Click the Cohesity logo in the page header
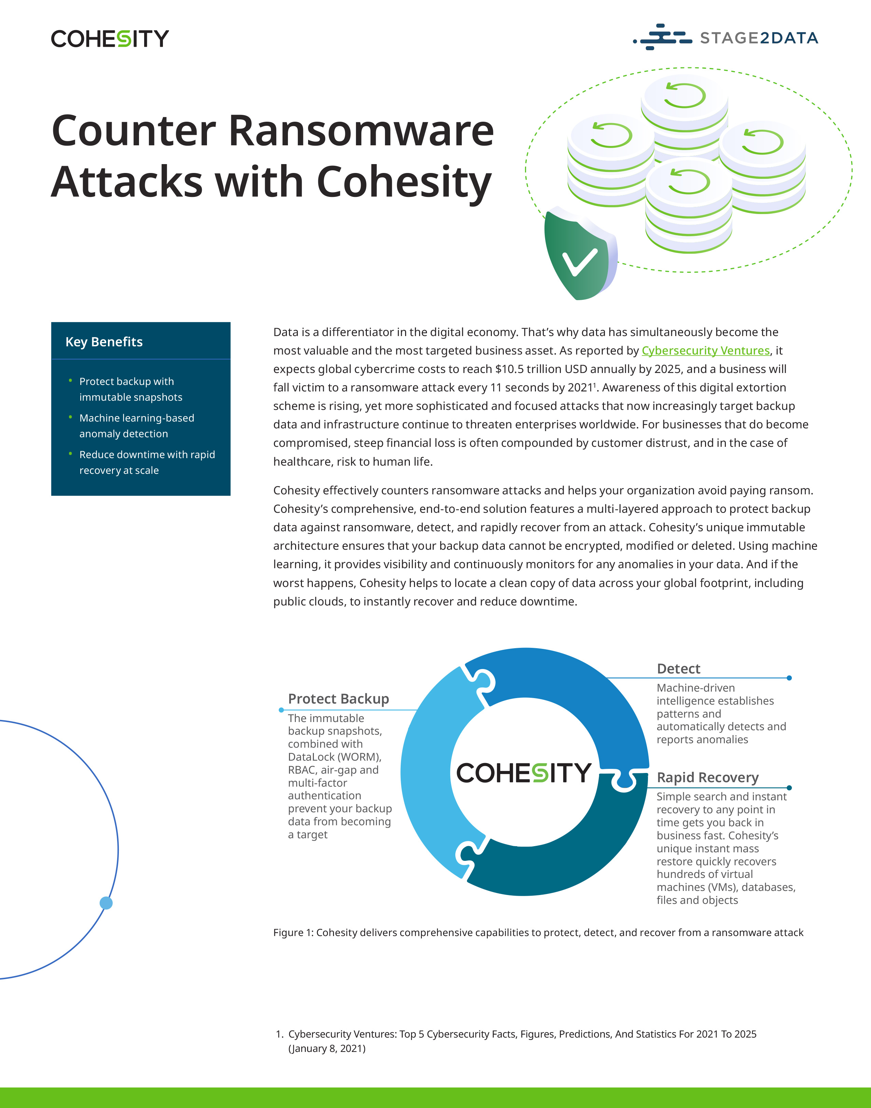[110, 39]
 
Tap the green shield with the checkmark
[579, 255]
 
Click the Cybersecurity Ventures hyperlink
[705, 351]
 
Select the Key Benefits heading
[104, 342]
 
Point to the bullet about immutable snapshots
[130, 389]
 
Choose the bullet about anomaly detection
[136, 426]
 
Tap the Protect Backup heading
[338, 699]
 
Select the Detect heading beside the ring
[678, 669]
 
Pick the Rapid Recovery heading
[707, 777]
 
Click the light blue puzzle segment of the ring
[428, 771]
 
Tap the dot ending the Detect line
[789, 678]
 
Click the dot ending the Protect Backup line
[281, 710]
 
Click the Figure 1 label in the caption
[293, 932]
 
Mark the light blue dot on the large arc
[106, 903]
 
